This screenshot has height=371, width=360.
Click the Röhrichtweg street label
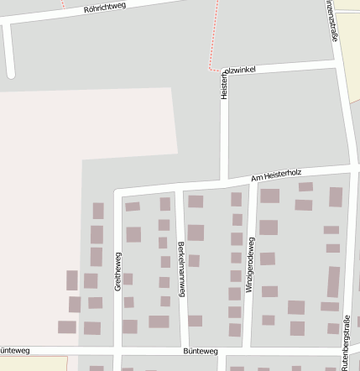coord(104,9)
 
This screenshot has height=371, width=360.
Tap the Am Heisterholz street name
coord(276,175)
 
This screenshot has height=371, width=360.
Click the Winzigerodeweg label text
coord(249,263)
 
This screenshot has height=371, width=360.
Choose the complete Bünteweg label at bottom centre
coord(200,352)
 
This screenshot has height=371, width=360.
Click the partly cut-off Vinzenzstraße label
coord(332,18)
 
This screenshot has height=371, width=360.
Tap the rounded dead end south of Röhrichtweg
coord(10,73)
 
